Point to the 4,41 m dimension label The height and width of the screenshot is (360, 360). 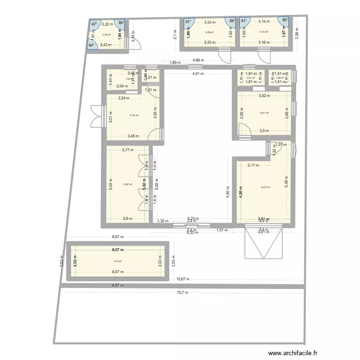(x=198, y=74)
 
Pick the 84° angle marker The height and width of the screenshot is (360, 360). (x=91, y=45)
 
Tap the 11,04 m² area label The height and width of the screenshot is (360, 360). (x=133, y=115)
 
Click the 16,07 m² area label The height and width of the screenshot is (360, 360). (x=265, y=188)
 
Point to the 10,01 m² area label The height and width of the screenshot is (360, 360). (x=264, y=113)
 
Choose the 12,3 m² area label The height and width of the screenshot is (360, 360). (x=118, y=262)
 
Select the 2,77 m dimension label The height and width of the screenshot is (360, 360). (x=128, y=150)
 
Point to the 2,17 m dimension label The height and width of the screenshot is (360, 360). (x=253, y=165)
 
